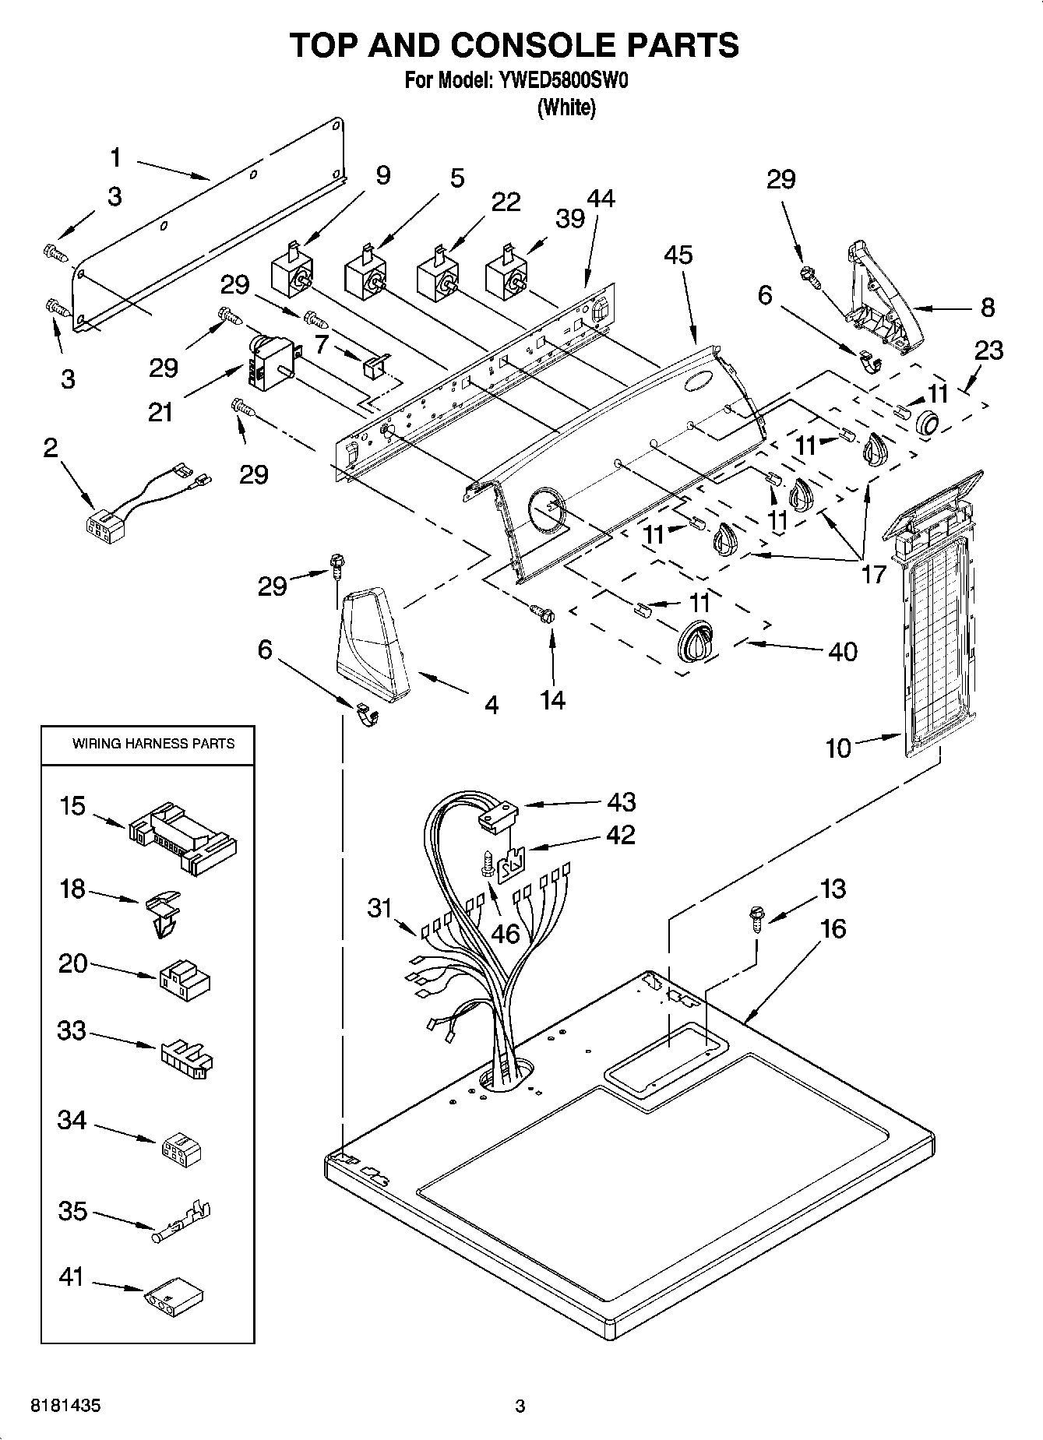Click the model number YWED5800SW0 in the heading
559,81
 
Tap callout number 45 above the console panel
678,255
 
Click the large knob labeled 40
696,641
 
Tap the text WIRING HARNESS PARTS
153,744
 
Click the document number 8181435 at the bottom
65,1407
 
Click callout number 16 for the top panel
833,928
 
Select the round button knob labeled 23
928,423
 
